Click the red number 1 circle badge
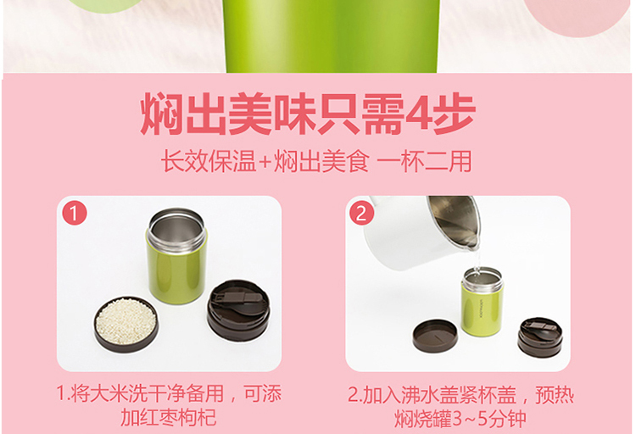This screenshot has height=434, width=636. pos(75,213)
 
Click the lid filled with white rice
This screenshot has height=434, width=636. pos(126,324)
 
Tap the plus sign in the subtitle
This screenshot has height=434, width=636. pos(265,163)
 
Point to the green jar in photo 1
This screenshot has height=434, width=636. pos(176,256)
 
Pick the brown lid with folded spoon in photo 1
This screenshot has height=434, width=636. pos(238,310)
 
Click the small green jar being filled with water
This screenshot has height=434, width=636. pos(483,302)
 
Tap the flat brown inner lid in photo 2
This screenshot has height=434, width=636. pos(435,336)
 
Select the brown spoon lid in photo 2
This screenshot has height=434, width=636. pos(540,337)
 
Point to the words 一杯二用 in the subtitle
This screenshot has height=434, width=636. pos(424,162)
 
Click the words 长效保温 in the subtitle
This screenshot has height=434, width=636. pos(209,162)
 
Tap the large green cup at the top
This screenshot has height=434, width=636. pos(332,36)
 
